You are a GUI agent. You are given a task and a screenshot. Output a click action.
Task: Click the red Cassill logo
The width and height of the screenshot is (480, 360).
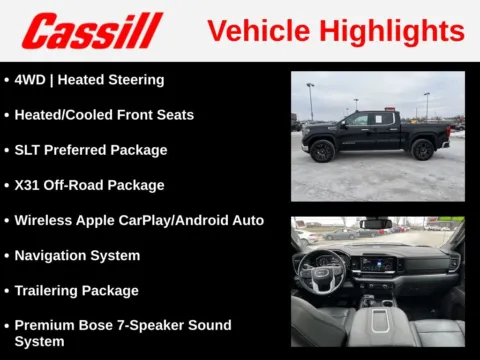tap(92, 30)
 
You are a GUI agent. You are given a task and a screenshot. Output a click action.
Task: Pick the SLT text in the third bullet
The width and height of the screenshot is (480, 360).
tap(29, 150)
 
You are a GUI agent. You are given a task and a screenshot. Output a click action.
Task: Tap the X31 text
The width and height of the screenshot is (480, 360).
tap(28, 185)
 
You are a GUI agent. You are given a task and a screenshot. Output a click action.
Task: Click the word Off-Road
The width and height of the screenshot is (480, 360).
tap(77, 185)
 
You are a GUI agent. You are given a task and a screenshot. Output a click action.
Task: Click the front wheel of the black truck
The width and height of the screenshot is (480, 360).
tap(322, 152)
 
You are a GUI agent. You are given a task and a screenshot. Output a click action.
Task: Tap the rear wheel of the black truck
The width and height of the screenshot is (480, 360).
tap(422, 151)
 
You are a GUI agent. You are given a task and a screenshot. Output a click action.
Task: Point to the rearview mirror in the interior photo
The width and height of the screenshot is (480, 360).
tap(376, 223)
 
